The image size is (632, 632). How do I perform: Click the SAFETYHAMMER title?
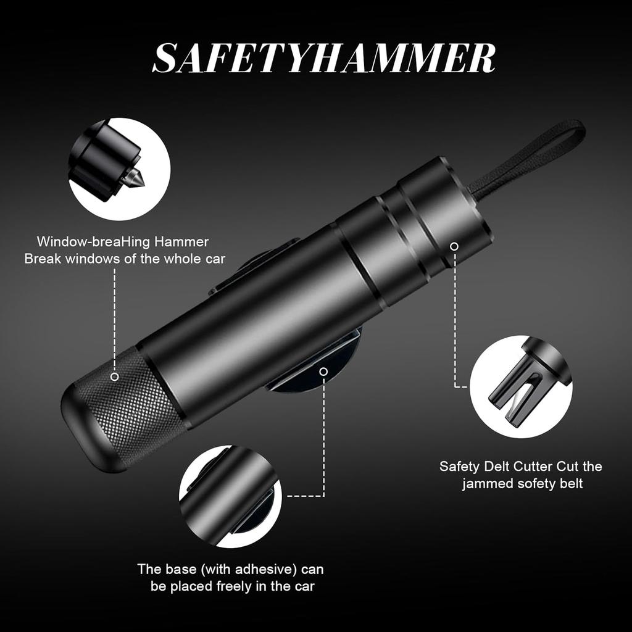pyautogui.click(x=323, y=59)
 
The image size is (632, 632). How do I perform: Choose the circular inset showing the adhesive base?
pyautogui.click(x=230, y=496)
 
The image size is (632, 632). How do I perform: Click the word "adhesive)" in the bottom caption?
pyautogui.click(x=249, y=568)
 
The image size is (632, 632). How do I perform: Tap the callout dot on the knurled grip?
pyautogui.click(x=114, y=376)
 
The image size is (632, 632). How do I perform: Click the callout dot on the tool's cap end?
pyautogui.click(x=454, y=246)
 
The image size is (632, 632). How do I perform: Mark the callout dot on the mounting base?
pyautogui.click(x=323, y=371)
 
